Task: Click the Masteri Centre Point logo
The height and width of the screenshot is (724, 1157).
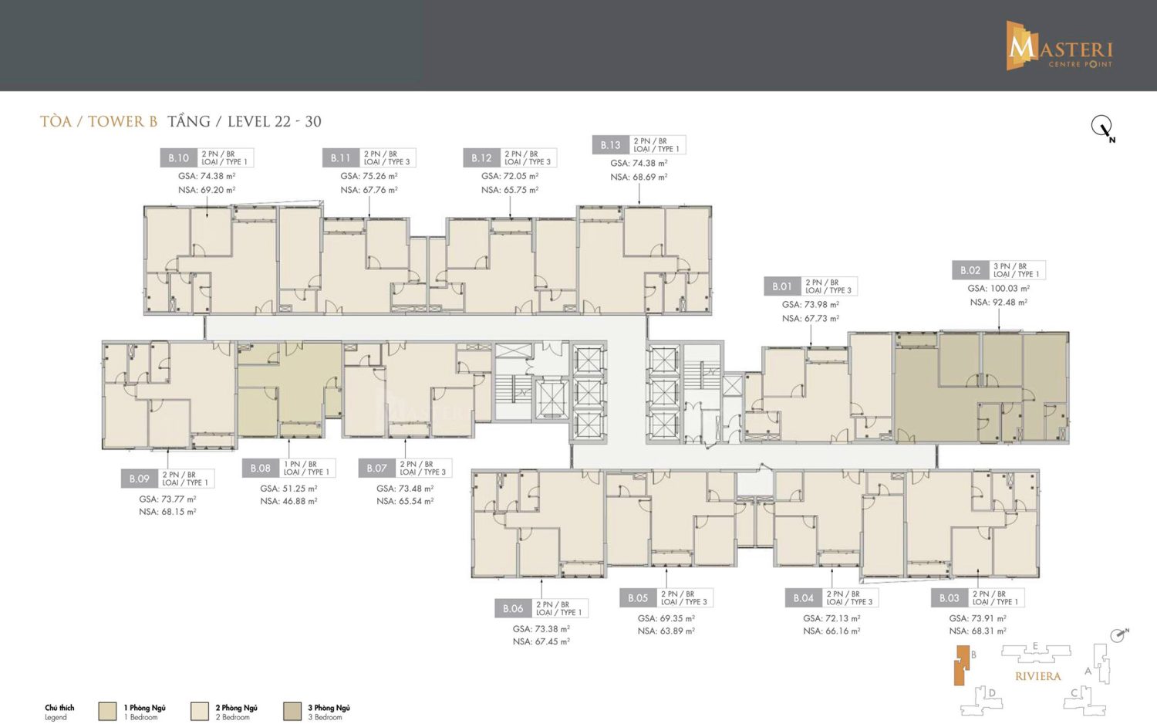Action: pyautogui.click(x=1058, y=46)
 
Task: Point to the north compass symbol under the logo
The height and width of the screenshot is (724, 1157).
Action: pyautogui.click(x=1102, y=127)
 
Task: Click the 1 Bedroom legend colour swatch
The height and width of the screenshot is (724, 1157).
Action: pyautogui.click(x=107, y=711)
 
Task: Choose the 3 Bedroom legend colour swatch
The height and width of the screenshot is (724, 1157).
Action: pyautogui.click(x=292, y=711)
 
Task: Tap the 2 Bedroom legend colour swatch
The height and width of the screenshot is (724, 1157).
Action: pyautogui.click(x=199, y=711)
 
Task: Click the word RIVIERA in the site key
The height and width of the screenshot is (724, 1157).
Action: pyautogui.click(x=1037, y=676)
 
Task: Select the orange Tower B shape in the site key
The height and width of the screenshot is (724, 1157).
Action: pyautogui.click(x=961, y=665)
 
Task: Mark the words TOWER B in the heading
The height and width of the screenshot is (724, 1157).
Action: pyautogui.click(x=123, y=121)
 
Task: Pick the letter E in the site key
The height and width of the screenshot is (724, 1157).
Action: pyautogui.click(x=1035, y=646)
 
